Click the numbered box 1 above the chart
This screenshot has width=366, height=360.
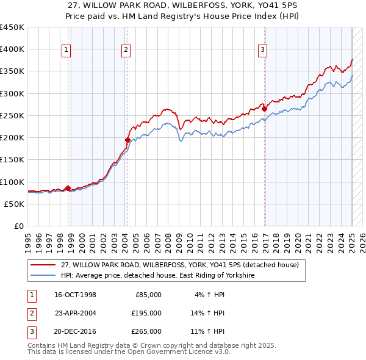pyautogui.click(x=66, y=50)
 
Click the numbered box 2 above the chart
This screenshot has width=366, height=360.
pyautogui.click(x=125, y=50)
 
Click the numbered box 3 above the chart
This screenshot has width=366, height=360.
pyautogui.click(x=262, y=50)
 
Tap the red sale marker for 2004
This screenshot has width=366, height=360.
pyautogui.click(x=127, y=140)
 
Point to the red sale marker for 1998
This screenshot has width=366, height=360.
pyautogui.click(x=68, y=188)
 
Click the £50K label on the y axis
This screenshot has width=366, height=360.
pyautogui.click(x=15, y=204)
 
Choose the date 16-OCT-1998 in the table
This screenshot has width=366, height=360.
pyautogui.click(x=76, y=295)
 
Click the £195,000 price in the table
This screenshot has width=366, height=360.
pyautogui.click(x=146, y=313)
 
